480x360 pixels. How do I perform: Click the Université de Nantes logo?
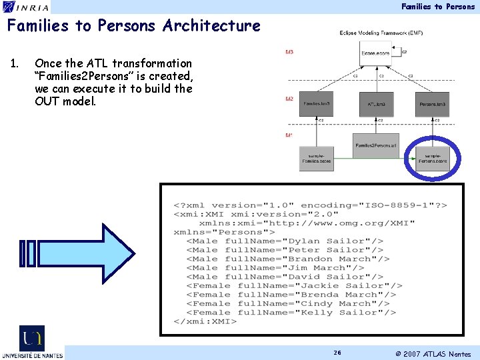32,342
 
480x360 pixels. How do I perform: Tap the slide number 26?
337,353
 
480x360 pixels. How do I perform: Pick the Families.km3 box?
317,103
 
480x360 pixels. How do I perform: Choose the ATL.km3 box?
377,103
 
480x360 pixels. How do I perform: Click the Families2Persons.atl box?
376,145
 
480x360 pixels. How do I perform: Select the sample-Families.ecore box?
316,158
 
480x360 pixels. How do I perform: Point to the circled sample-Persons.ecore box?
433,158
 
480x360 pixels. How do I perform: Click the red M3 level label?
289,52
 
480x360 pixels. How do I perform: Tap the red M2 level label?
289,99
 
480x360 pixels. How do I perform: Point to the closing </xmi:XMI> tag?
205,321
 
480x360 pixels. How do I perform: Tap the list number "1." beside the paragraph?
14,63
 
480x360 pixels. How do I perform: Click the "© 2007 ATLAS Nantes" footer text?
433,354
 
